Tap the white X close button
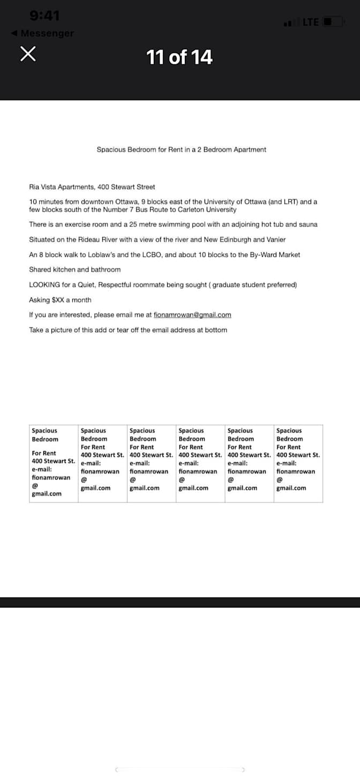click(29, 54)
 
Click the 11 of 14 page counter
click(179, 57)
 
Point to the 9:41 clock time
click(45, 16)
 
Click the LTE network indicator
click(311, 22)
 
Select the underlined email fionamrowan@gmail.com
click(192, 314)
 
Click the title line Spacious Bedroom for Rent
click(181, 149)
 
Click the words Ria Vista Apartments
click(62, 187)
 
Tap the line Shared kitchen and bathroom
click(74, 269)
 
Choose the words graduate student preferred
click(253, 284)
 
